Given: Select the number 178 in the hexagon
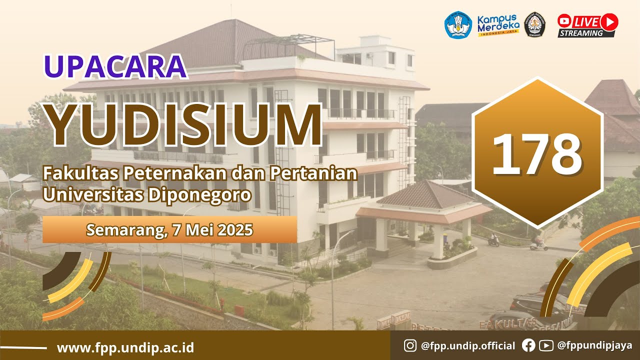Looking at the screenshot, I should tap(537, 153).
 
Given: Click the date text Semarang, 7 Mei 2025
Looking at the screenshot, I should tap(169, 230).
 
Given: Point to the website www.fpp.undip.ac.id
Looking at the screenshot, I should tap(125, 347).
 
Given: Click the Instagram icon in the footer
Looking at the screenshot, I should tap(410, 345).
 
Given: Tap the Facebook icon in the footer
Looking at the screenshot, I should tap(528, 345).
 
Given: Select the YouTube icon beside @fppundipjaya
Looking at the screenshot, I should tap(546, 345).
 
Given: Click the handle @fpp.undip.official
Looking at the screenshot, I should tap(468, 345).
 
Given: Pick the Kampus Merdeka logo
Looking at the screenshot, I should tap(497, 24).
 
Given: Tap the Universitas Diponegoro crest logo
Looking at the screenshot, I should tap(535, 24).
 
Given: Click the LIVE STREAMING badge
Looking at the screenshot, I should tap(588, 25).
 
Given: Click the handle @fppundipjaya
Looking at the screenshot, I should tap(594, 345).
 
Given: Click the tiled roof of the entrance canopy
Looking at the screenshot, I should tap(425, 195).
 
